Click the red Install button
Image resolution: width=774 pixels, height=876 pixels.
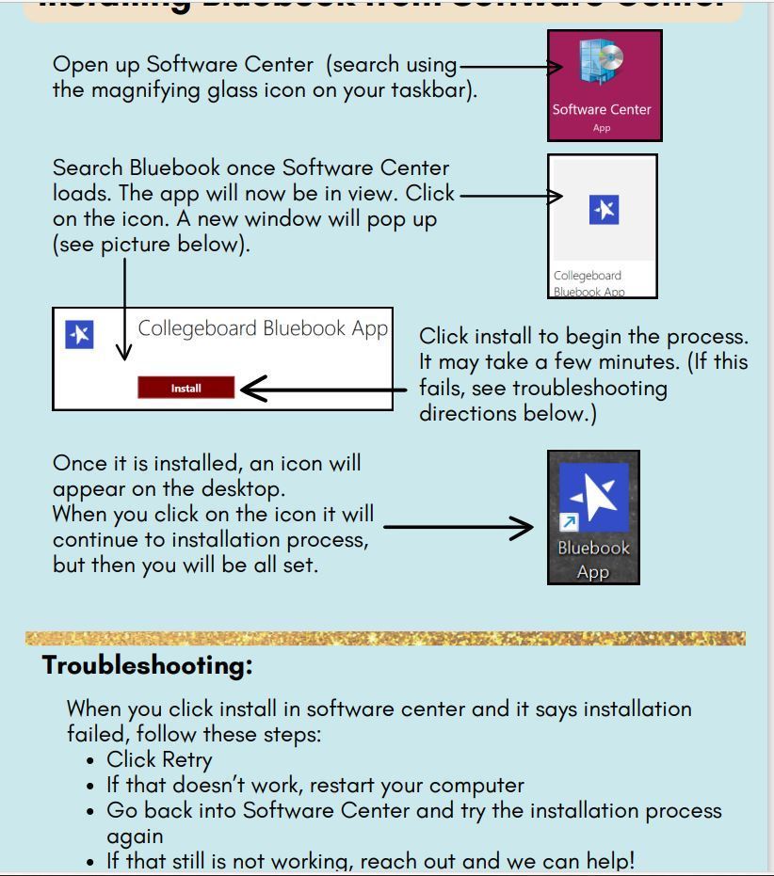(x=185, y=388)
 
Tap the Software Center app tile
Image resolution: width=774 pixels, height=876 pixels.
(x=602, y=86)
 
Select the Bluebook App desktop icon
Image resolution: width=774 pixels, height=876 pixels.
(x=593, y=517)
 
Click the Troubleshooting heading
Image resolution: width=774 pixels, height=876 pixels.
(x=148, y=665)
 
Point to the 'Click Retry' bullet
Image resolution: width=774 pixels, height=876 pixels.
(x=159, y=759)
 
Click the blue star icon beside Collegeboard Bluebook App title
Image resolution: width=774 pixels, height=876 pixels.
(x=80, y=334)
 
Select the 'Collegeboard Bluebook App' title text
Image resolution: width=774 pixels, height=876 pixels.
(x=263, y=328)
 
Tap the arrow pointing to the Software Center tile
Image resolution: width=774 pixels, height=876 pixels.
(x=509, y=67)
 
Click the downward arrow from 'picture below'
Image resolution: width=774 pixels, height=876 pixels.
(x=124, y=311)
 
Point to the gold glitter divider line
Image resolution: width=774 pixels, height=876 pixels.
(x=386, y=639)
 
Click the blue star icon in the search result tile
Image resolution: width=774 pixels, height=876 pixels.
(x=603, y=210)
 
